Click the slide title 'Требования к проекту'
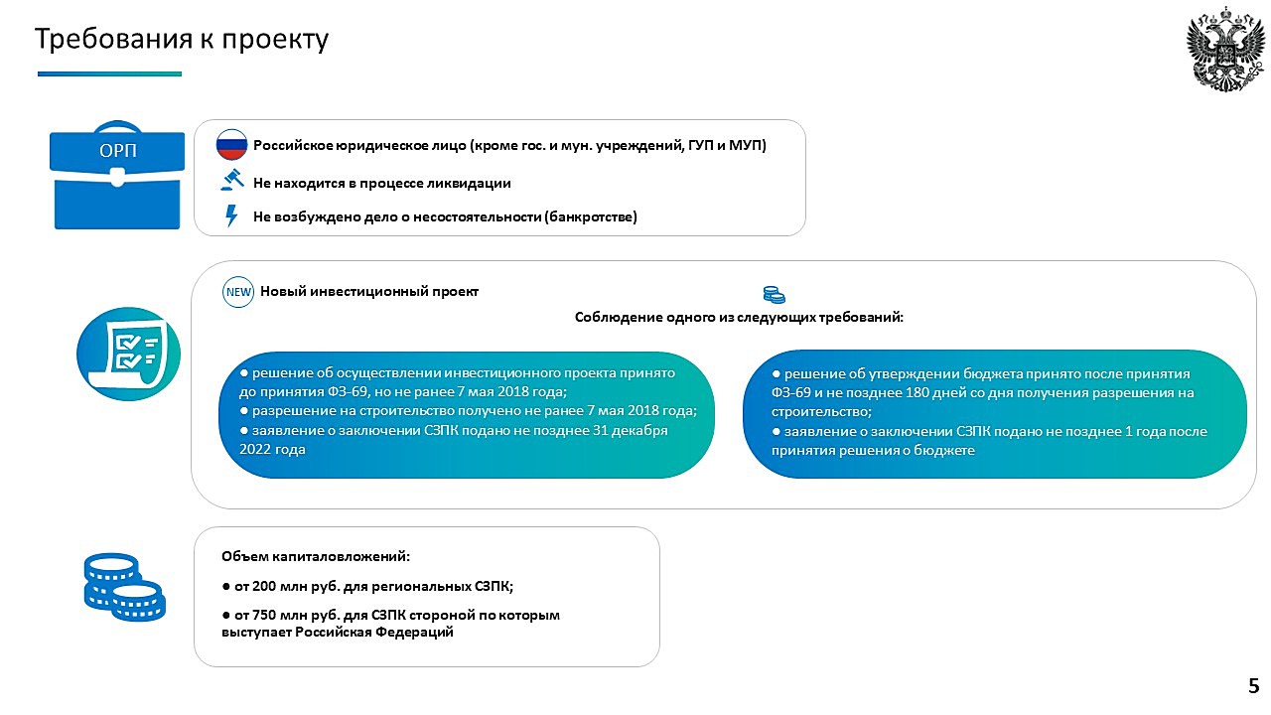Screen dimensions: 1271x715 click(x=182, y=40)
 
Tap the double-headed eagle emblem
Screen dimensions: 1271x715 click(x=1225, y=50)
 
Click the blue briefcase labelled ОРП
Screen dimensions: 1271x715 click(x=117, y=175)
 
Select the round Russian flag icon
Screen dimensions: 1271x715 click(x=231, y=144)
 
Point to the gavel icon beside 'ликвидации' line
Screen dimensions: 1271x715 click(x=232, y=180)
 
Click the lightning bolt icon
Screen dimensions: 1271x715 click(x=231, y=216)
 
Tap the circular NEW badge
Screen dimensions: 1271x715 click(x=238, y=292)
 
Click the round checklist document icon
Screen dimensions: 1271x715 click(x=128, y=355)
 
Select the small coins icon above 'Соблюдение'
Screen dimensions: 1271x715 click(x=774, y=295)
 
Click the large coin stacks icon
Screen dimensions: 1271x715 click(x=125, y=587)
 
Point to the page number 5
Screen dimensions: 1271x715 click(x=1254, y=685)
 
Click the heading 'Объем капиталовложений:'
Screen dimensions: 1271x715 click(x=316, y=556)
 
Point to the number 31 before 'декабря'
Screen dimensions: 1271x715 click(x=601, y=430)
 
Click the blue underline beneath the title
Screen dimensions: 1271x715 click(x=109, y=73)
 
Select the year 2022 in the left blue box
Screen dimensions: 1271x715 click(x=255, y=450)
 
